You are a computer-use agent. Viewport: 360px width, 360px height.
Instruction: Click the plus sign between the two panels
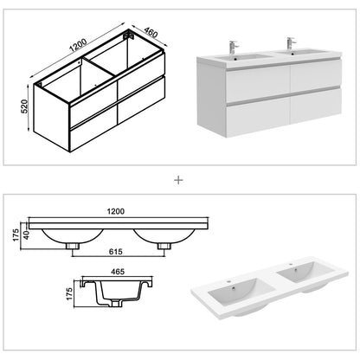click(179, 181)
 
